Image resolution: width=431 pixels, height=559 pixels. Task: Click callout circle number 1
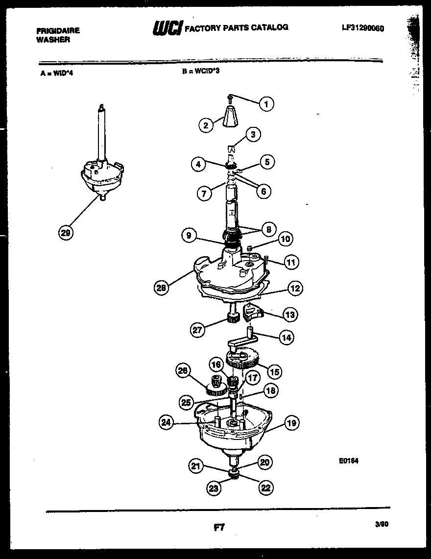(266, 104)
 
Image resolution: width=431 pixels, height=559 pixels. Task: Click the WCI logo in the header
(167, 28)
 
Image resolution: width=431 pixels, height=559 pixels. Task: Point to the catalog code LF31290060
(362, 28)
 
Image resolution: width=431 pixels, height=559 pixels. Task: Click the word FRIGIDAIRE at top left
(58, 30)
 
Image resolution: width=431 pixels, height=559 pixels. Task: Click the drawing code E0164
(348, 461)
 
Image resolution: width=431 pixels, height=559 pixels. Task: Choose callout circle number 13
(290, 314)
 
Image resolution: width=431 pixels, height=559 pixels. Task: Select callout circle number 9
(188, 236)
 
